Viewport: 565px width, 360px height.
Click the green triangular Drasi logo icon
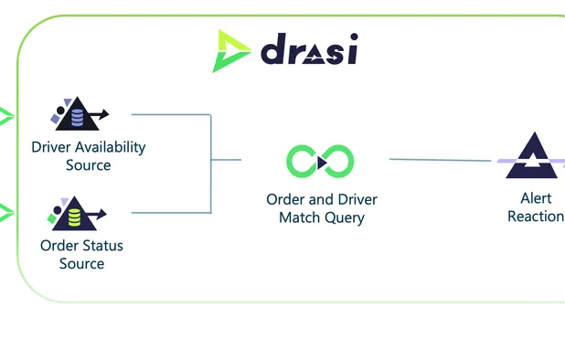coord(231,51)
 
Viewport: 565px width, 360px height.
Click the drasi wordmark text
coord(308,50)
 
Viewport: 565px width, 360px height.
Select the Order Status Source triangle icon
coord(77,216)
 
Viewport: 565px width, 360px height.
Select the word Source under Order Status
coord(81,264)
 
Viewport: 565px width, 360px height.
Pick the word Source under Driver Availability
coord(88,165)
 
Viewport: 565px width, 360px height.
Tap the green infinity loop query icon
coord(320,163)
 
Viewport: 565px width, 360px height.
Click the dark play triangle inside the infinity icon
coord(321,164)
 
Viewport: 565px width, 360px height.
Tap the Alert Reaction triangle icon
coord(532,156)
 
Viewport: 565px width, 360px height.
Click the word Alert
coord(532,198)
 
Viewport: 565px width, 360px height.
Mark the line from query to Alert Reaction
coord(439,160)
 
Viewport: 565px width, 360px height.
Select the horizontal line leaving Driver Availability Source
coord(171,115)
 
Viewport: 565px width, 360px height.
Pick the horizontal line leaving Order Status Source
coord(171,214)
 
